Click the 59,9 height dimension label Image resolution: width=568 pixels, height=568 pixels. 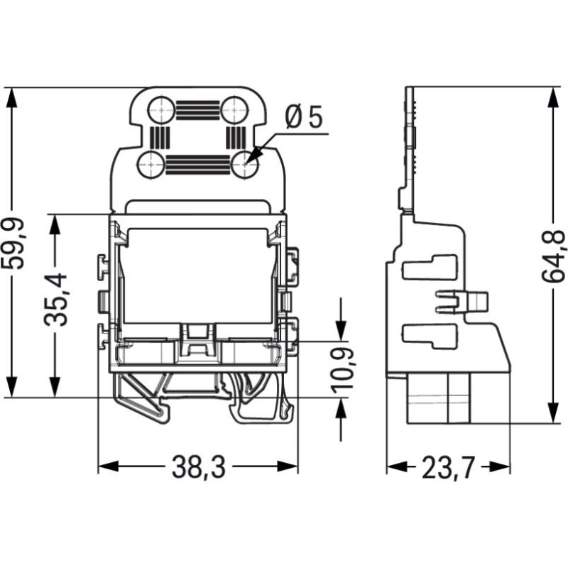pyautogui.click(x=13, y=244)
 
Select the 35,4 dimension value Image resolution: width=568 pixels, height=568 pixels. pyautogui.click(x=55, y=300)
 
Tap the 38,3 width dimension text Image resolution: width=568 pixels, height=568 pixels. pyautogui.click(x=199, y=467)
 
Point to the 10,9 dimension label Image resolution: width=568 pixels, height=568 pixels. pyautogui.click(x=342, y=370)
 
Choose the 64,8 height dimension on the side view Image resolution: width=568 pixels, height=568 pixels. pyautogui.click(x=553, y=256)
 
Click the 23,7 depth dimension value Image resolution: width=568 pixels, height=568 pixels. pyautogui.click(x=449, y=467)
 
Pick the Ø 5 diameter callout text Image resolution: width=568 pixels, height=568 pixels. pyautogui.click(x=304, y=117)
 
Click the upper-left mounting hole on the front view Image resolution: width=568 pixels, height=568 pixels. pyautogui.click(x=161, y=109)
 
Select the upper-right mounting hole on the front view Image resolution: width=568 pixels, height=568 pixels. pyautogui.click(x=234, y=109)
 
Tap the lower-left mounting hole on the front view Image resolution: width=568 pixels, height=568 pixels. pyautogui.click(x=151, y=165)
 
